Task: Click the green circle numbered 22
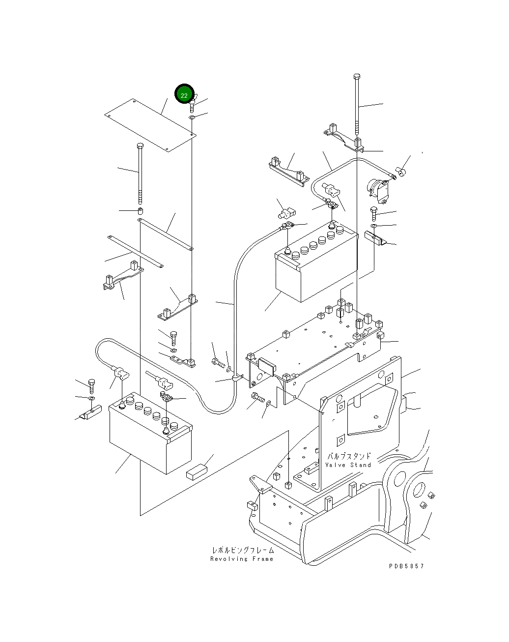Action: click(184, 95)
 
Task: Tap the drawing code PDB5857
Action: click(406, 566)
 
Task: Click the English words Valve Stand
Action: click(348, 465)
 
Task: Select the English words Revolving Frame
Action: click(242, 559)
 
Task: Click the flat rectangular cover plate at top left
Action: click(149, 125)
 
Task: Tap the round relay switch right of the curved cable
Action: click(377, 190)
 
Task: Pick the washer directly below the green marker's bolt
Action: click(192, 118)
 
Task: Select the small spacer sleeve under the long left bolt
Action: click(140, 211)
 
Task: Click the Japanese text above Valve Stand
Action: click(349, 456)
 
